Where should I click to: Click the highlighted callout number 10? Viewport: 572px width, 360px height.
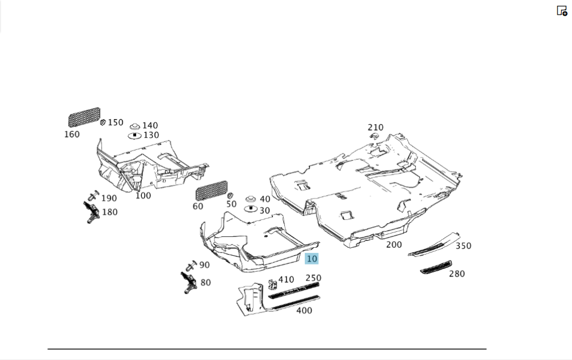[311, 259]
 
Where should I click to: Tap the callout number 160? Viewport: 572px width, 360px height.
[72, 134]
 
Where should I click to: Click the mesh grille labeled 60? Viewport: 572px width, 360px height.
[211, 190]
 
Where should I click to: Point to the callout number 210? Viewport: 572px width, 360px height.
[376, 128]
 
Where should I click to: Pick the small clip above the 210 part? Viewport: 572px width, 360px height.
[374, 136]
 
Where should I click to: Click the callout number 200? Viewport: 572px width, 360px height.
[394, 244]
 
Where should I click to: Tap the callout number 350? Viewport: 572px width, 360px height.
[463, 246]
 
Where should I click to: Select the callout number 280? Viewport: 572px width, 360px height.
[456, 274]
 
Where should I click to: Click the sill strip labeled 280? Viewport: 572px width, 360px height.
[436, 267]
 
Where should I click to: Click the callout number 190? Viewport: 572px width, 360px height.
[109, 198]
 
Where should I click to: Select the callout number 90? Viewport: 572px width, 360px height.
[204, 265]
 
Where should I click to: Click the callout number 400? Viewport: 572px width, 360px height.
[304, 310]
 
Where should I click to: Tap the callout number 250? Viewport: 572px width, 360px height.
[313, 278]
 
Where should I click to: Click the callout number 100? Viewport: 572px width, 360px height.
[143, 196]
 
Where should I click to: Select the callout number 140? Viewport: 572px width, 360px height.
[150, 125]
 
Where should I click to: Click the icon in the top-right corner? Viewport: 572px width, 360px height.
[562, 11]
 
